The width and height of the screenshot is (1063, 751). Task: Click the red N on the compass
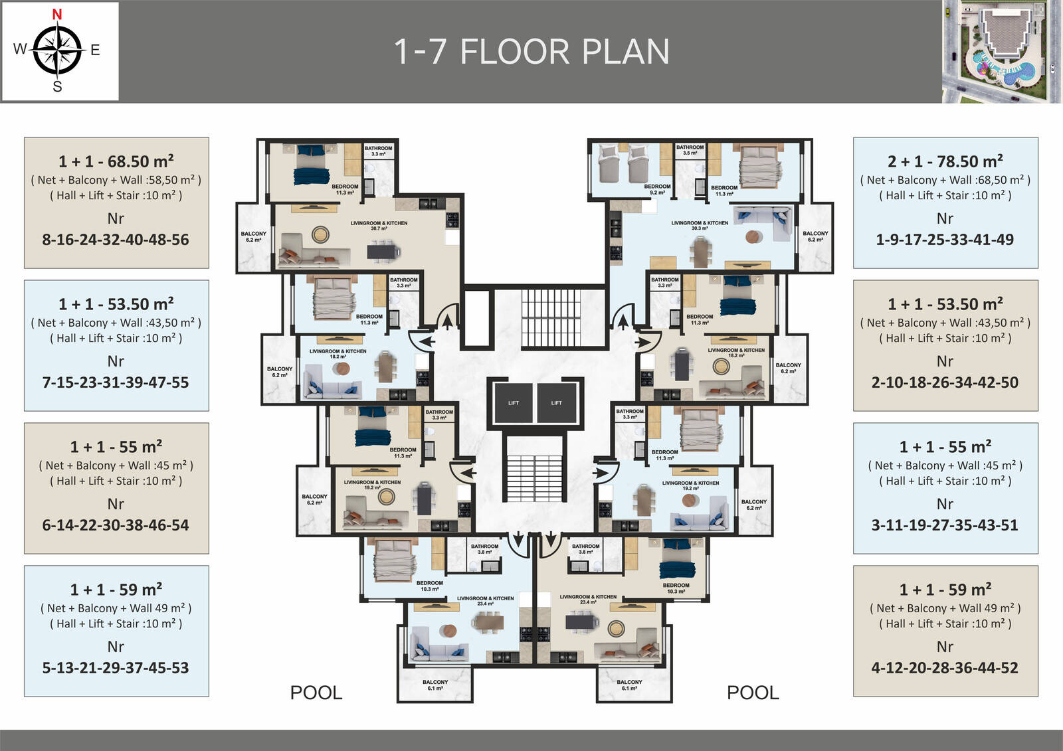57,14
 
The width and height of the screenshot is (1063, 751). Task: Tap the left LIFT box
513,403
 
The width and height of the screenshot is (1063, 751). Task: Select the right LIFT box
556,403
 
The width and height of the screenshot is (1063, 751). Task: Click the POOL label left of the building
316,693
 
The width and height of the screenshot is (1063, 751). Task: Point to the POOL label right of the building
753,693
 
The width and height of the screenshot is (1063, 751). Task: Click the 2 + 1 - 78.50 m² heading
945,161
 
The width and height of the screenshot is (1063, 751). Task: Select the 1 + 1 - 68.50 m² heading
116,161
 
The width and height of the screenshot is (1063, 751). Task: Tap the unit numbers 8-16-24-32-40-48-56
116,240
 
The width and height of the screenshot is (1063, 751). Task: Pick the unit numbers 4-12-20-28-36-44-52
945,668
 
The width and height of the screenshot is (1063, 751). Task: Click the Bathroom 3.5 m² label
690,150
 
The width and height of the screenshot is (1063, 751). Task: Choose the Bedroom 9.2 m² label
657,189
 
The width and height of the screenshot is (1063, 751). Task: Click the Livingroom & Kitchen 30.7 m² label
379,225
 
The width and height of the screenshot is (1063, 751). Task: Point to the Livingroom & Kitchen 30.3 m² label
700,225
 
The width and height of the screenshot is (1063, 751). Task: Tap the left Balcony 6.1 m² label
435,685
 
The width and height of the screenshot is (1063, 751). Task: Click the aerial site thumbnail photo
1001,51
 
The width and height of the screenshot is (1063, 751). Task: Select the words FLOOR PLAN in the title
565,52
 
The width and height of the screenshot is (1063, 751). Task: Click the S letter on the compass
57,87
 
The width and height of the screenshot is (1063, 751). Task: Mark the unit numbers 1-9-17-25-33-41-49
945,240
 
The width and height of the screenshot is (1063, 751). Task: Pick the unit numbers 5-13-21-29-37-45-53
116,668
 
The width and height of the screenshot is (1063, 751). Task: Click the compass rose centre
57,49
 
